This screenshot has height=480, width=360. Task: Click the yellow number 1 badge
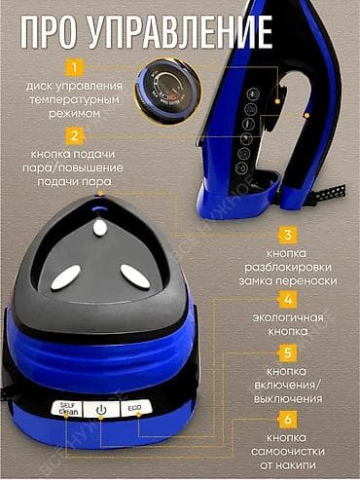[x=74, y=68]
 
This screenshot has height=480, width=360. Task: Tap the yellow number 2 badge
[x=74, y=135]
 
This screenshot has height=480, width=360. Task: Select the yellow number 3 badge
[x=288, y=235]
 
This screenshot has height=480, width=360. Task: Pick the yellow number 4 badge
[x=288, y=299]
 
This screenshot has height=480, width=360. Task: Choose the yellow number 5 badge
[x=288, y=352]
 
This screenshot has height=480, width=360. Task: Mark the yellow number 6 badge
[x=288, y=420]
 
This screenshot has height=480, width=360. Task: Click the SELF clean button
[x=67, y=408]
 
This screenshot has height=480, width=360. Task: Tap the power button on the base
[x=101, y=410]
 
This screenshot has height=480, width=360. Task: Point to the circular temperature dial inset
[x=168, y=92]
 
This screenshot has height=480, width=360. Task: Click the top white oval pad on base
[x=100, y=228]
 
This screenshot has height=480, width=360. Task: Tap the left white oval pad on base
[x=66, y=277]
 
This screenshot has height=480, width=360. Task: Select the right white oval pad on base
[x=135, y=277]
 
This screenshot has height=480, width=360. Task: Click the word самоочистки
[x=288, y=451]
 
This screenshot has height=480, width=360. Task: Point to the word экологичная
[x=288, y=317]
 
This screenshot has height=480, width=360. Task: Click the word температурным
[x=74, y=100]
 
